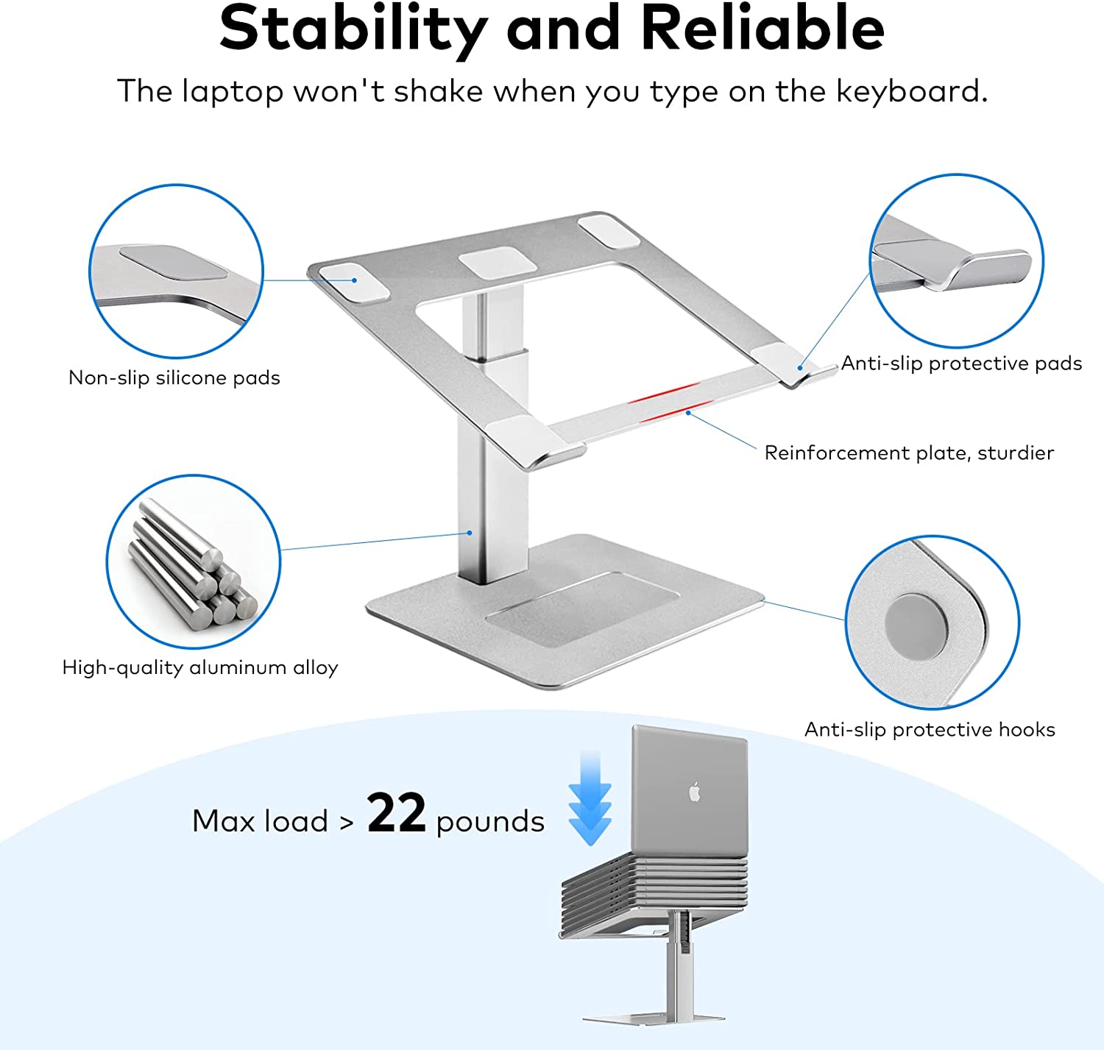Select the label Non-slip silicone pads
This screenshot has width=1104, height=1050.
point(174,377)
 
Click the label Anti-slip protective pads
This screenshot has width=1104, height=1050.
point(960,363)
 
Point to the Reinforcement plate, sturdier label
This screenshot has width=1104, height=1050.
point(909,453)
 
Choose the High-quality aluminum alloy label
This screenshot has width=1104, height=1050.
point(200,667)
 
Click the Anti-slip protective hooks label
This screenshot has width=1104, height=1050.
point(930,729)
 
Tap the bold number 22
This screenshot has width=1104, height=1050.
point(397,812)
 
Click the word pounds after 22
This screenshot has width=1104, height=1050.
point(490,822)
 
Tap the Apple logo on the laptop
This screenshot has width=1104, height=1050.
point(695,792)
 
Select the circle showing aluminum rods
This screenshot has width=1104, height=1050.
point(193,561)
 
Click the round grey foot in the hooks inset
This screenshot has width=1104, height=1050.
point(916,625)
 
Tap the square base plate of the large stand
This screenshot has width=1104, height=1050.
point(565,611)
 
